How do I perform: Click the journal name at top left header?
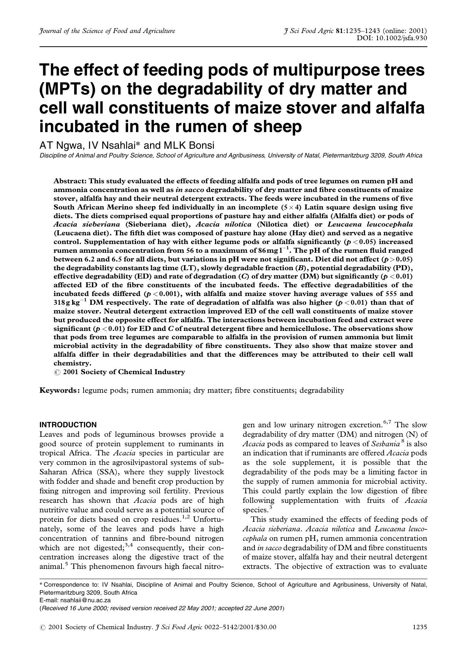107,31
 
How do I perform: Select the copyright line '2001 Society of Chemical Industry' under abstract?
124,372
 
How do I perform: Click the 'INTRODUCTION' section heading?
68,425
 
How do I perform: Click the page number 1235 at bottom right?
420,627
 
